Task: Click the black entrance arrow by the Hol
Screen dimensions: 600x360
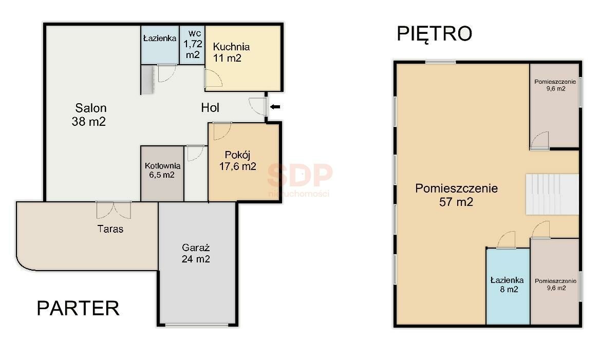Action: tap(275, 107)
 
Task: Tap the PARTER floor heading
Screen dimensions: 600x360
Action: tap(78, 308)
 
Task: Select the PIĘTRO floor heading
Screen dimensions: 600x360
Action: tap(434, 34)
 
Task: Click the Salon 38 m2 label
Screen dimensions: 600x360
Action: tap(89, 115)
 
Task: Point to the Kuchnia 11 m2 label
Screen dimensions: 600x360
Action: tap(231, 52)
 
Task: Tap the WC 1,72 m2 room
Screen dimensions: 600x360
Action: tap(192, 45)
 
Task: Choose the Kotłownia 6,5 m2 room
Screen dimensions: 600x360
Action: tap(162, 173)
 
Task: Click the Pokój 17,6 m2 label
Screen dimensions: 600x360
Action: tap(238, 161)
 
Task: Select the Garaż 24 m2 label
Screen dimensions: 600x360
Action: tap(196, 253)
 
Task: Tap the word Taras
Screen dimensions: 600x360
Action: tap(110, 229)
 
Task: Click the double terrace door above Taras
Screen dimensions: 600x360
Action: tap(114, 210)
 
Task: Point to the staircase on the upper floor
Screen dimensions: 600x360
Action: tap(552, 194)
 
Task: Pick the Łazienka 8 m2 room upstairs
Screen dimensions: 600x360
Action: tap(508, 286)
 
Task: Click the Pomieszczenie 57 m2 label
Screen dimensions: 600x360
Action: tap(456, 195)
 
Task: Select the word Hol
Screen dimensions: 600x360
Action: tap(210, 108)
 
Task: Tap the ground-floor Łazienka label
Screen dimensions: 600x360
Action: tap(160, 38)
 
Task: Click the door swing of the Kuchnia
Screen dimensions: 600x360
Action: tap(213, 79)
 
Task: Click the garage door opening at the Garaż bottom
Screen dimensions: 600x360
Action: tap(197, 325)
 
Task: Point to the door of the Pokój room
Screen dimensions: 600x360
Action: tap(222, 131)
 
